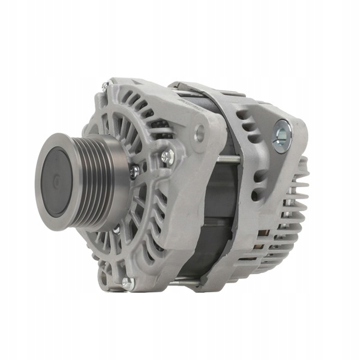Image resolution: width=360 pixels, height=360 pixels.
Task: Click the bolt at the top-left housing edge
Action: point(106,85)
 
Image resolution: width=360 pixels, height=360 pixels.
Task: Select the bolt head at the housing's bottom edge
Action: point(127,283)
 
